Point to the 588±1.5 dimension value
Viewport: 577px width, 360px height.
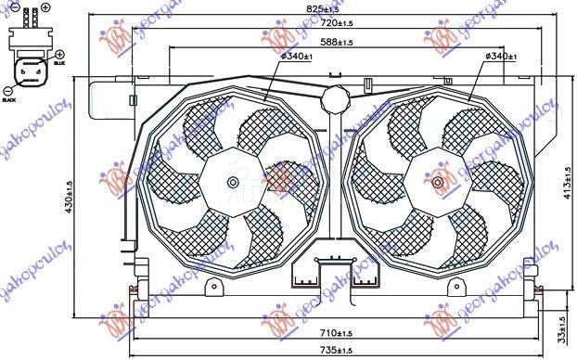336,43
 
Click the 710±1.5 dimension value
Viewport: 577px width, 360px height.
332,333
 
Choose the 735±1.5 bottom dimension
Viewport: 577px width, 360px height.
332,349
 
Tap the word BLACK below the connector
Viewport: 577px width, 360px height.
10,98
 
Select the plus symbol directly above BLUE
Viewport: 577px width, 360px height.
59,55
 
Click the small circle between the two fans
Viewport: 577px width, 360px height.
333,96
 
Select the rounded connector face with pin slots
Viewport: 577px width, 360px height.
29,72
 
